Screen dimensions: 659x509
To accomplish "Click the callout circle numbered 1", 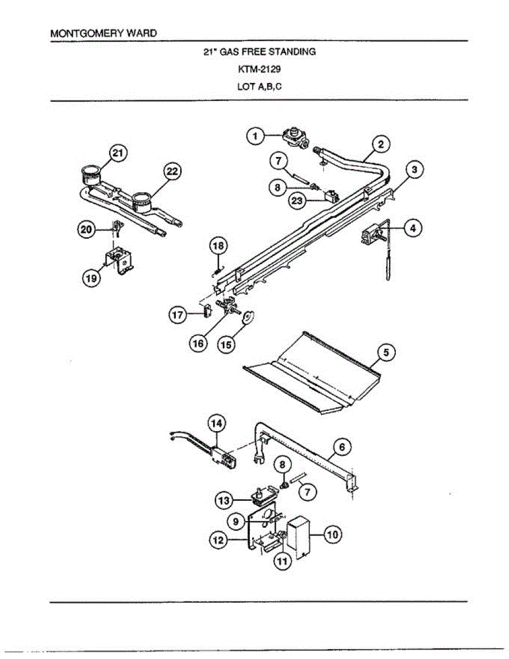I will coord(254,136).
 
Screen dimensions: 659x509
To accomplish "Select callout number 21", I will coord(116,154).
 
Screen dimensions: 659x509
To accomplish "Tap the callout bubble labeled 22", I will coord(172,172).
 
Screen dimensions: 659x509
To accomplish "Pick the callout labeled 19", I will coord(92,278).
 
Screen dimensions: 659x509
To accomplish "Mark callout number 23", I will coord(297,200).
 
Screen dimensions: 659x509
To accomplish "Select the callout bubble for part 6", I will coord(342,448).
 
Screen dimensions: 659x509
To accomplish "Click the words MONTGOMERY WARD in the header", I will coord(103,33).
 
